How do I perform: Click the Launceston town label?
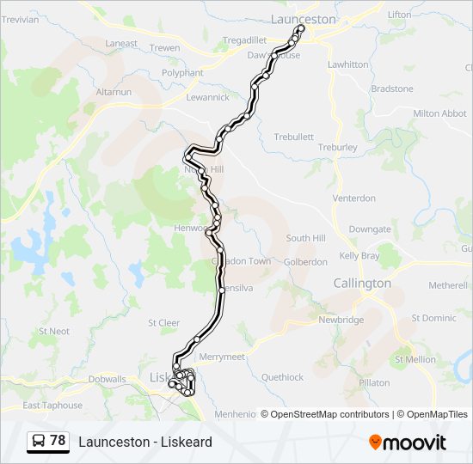(x=303, y=18)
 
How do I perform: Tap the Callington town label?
(x=362, y=283)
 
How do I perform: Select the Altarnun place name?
(x=114, y=91)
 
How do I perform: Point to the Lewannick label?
(x=208, y=97)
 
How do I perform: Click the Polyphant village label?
(x=182, y=73)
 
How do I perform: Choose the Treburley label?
(x=337, y=147)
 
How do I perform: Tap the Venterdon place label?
(x=354, y=198)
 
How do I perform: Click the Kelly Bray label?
(x=359, y=256)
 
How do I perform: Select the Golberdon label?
(x=305, y=262)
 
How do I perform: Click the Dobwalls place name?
(x=107, y=379)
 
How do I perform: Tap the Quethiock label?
(x=283, y=377)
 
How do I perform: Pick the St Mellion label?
(x=416, y=359)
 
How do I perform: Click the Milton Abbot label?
(x=439, y=113)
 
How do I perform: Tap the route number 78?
(x=58, y=441)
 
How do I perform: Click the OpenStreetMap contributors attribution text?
(x=330, y=414)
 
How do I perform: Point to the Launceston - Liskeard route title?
(x=144, y=442)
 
